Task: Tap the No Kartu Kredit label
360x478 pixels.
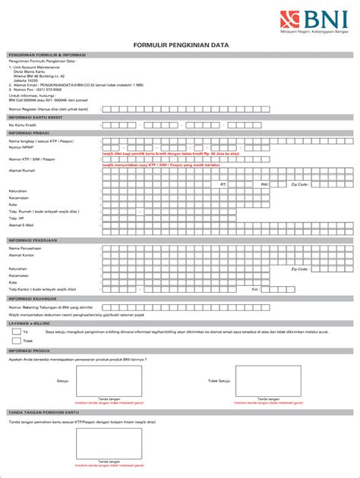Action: (22, 125)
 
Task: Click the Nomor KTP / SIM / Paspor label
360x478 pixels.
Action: (32, 159)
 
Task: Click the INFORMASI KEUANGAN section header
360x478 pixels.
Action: (36, 299)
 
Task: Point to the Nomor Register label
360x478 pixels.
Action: (48, 108)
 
